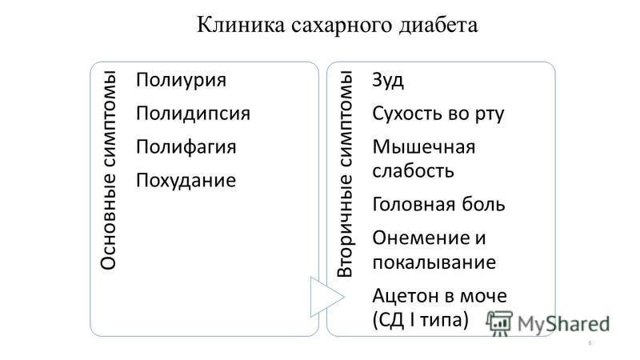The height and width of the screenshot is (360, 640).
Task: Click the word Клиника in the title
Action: [241, 25]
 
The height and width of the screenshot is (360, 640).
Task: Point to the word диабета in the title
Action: [438, 26]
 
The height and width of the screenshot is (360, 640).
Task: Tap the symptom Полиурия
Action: [181, 81]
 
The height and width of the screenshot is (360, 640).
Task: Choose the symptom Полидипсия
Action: [193, 113]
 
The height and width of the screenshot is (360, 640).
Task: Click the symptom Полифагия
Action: [186, 147]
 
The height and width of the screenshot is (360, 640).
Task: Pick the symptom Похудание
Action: [186, 181]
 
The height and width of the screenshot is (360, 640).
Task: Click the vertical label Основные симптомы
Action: [109, 170]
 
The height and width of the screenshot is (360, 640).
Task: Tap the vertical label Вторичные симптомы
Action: [346, 174]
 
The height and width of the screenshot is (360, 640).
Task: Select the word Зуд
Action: [388, 81]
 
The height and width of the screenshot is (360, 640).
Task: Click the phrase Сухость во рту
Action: [438, 114]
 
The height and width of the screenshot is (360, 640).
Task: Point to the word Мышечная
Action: [424, 147]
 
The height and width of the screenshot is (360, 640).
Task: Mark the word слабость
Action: [413, 170]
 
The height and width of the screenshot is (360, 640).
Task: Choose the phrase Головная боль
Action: [438, 204]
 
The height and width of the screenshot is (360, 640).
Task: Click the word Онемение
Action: [421, 238]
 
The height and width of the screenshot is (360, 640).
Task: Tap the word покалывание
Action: [434, 262]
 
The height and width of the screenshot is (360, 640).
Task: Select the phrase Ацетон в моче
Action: [439, 296]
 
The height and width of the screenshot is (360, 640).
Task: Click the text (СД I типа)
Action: [421, 319]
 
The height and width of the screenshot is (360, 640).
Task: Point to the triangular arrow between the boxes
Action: [326, 297]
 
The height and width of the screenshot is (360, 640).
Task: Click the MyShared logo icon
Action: [498, 323]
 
